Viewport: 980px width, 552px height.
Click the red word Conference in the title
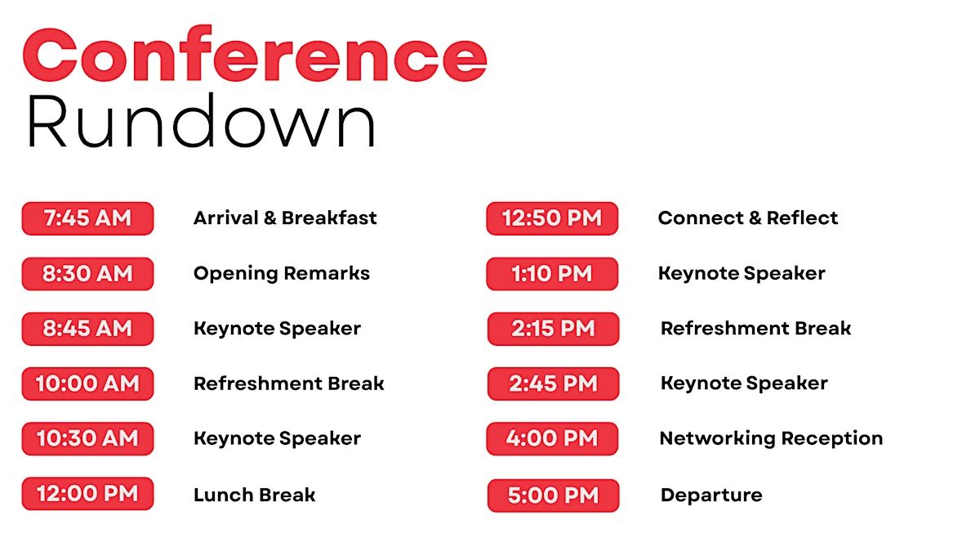click(x=255, y=54)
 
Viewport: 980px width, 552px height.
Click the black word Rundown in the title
click(x=201, y=120)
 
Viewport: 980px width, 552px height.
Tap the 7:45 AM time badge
click(x=87, y=218)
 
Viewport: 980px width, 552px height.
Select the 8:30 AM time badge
click(x=87, y=274)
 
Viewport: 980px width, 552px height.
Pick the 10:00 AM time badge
click(x=87, y=384)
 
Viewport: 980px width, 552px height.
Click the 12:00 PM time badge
click(x=87, y=494)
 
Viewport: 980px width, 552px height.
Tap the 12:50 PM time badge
click(x=552, y=218)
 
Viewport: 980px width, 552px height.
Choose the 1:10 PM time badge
click(x=552, y=274)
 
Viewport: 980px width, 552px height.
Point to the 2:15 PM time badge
click(x=553, y=329)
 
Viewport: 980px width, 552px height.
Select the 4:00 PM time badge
click(x=552, y=438)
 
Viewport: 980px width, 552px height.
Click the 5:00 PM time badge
click(x=553, y=496)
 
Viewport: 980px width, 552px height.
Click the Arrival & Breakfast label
click(x=285, y=218)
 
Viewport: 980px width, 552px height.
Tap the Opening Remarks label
click(x=282, y=274)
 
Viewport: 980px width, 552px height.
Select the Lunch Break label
click(x=254, y=495)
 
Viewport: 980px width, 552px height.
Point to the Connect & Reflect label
click(x=748, y=218)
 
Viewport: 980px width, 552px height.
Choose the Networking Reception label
click(x=771, y=438)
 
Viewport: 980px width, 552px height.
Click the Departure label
click(x=711, y=496)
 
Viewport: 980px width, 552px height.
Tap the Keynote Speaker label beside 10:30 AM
click(x=278, y=438)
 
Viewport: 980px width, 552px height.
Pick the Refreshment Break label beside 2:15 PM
click(x=755, y=328)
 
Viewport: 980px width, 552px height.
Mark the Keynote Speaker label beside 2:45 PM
click(x=744, y=384)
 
